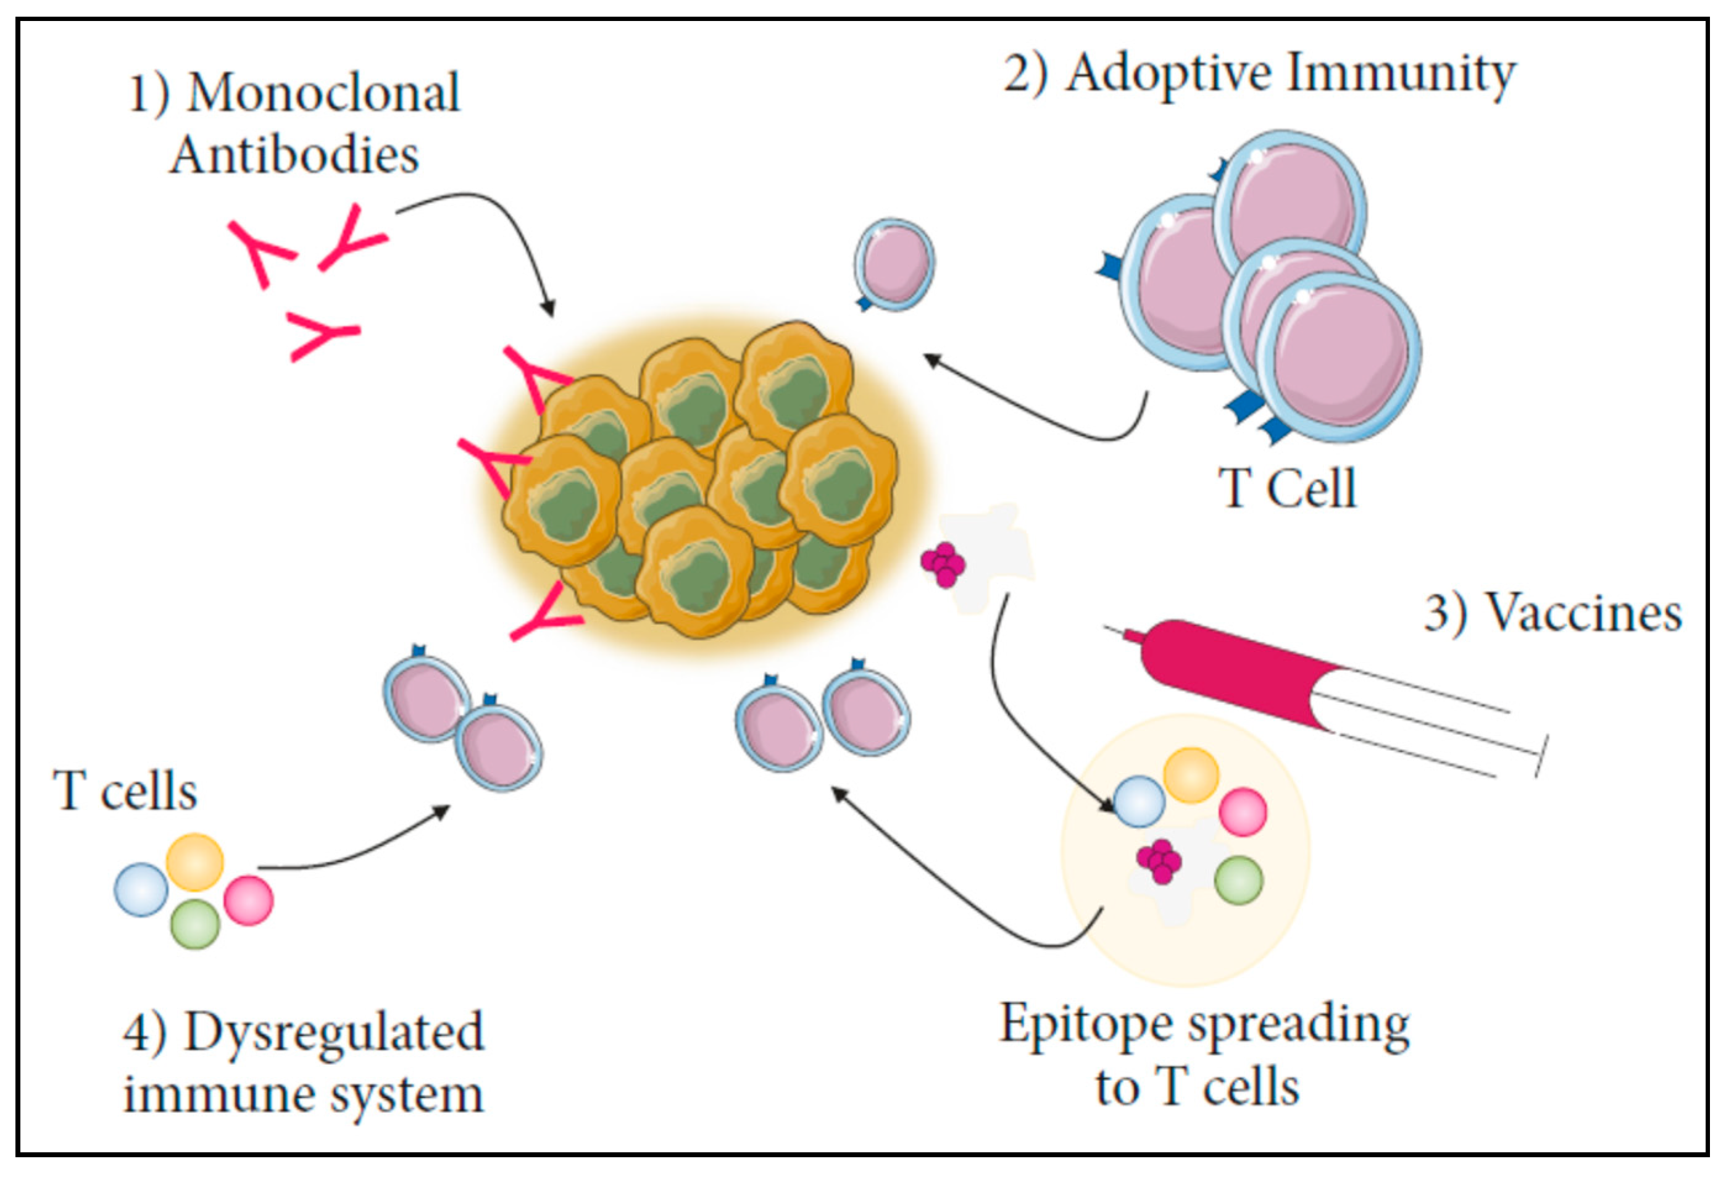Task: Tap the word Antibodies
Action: coord(295,156)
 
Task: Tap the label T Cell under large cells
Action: coord(1287,489)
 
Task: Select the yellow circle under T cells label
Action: coord(194,862)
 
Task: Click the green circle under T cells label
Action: coord(195,924)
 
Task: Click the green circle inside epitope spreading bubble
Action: coord(1238,881)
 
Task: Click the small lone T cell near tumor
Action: coord(894,264)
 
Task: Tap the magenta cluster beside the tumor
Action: coord(943,564)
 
